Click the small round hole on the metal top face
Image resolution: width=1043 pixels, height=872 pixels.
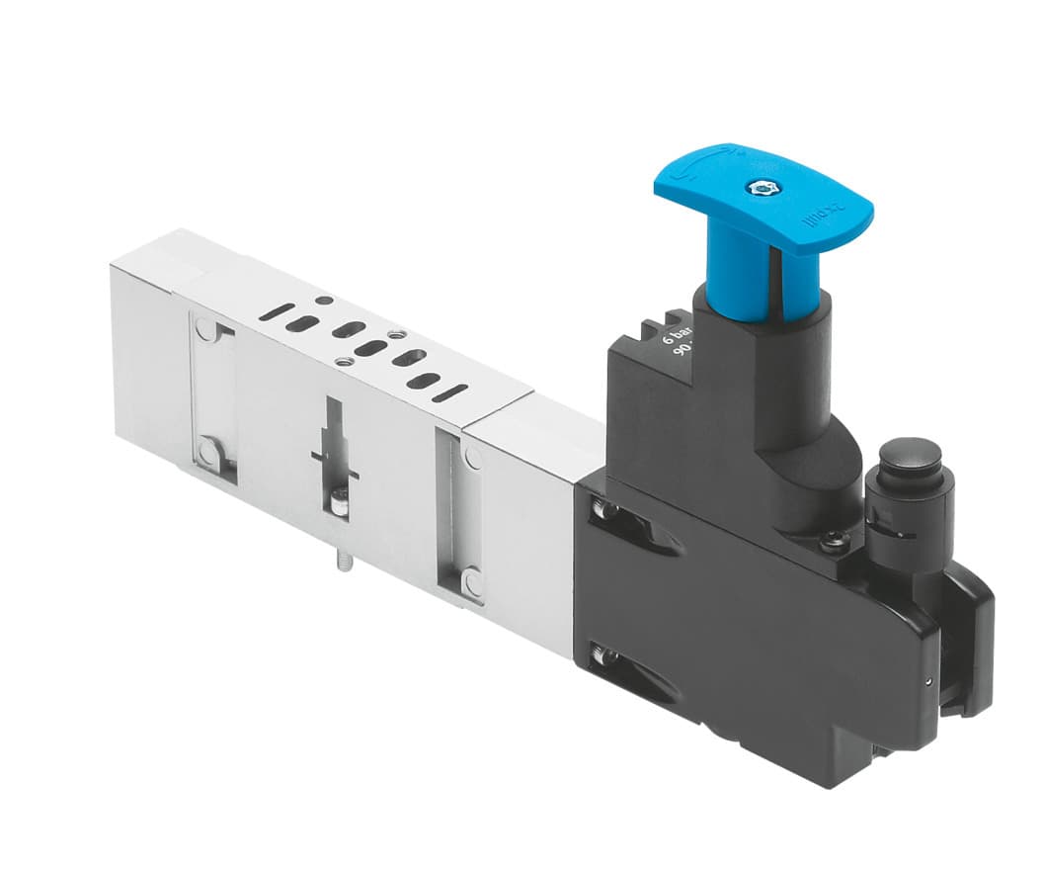323,300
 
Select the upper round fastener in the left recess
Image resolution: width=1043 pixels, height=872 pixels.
203,328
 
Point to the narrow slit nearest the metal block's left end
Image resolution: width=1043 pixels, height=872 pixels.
278,314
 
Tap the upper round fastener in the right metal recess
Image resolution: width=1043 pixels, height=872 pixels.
472,458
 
